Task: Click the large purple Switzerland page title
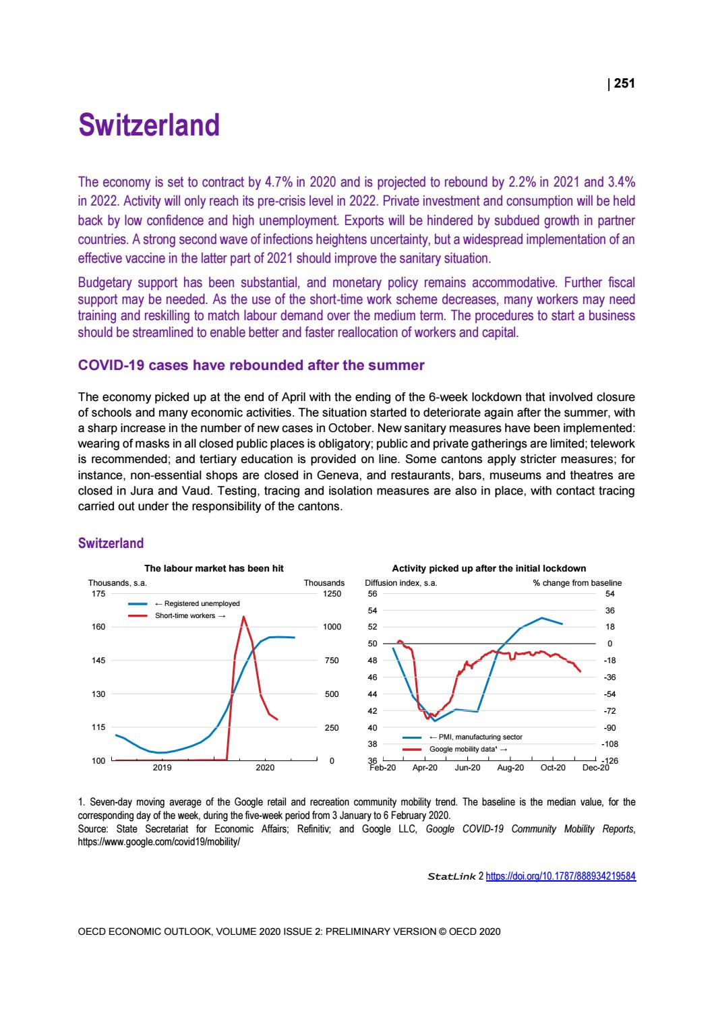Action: (149, 126)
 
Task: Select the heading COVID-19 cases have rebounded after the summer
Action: (251, 365)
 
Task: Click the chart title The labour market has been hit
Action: (214, 568)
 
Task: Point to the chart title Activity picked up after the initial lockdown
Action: (489, 568)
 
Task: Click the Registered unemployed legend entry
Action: (197, 603)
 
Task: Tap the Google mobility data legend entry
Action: (467, 749)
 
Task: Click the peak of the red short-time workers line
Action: (244, 617)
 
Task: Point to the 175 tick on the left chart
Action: (98, 594)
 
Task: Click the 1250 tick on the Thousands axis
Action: (333, 594)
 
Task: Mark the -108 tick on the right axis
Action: (609, 744)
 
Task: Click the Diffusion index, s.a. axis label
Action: (400, 583)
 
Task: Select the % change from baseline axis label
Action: (577, 583)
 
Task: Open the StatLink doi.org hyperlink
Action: (561, 877)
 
